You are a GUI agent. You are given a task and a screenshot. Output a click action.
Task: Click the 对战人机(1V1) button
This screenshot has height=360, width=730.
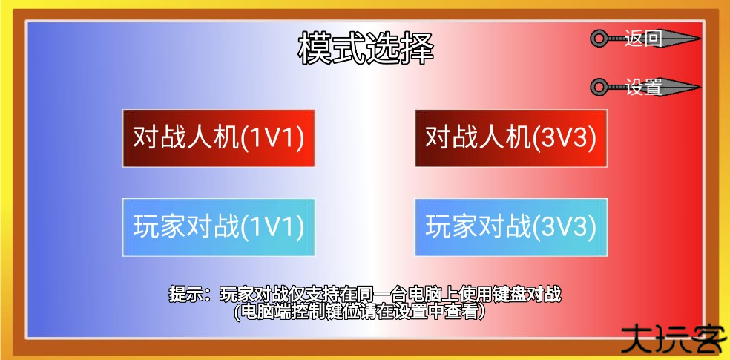218,138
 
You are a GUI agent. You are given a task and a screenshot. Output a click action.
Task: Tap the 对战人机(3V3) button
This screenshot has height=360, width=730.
511,138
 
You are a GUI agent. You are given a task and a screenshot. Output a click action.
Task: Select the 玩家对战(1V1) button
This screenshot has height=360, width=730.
218,227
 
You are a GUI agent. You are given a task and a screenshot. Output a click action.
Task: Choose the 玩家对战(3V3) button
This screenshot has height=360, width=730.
511,227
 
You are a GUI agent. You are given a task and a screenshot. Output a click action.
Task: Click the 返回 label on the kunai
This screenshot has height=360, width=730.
643,38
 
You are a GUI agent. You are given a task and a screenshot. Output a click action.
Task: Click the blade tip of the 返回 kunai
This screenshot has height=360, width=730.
700,38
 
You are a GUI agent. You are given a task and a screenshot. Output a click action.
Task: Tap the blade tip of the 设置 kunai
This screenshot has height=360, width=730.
700,87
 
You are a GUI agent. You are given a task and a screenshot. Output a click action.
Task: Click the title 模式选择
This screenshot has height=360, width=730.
366,48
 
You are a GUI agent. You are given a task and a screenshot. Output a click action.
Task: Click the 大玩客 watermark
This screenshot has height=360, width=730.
674,338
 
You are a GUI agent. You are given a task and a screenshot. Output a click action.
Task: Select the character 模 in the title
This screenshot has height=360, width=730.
315,48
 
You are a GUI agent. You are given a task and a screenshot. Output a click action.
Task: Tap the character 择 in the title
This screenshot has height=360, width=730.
417,48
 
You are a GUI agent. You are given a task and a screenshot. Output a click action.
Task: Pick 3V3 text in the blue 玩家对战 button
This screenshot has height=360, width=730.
565,228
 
